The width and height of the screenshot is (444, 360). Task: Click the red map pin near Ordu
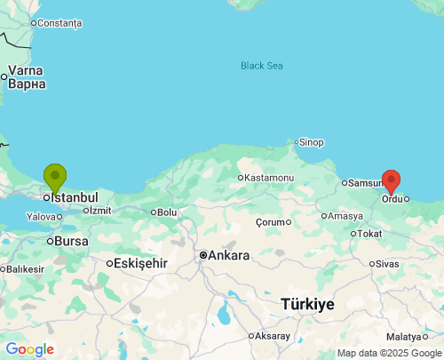click(391, 180)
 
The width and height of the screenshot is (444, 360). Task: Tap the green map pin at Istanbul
click(55, 177)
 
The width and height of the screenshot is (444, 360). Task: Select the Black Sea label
click(262, 66)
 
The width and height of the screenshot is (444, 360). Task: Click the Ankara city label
click(228, 255)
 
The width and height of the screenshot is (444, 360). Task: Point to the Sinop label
click(312, 142)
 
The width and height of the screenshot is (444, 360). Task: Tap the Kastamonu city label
click(269, 178)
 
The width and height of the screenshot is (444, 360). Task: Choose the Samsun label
click(365, 183)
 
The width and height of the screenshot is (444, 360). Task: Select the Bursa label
click(71, 241)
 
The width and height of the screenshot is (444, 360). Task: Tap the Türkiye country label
click(307, 304)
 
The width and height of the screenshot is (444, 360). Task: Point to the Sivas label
click(387, 263)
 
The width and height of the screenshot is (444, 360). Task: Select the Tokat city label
click(369, 234)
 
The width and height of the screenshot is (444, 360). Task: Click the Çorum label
click(273, 221)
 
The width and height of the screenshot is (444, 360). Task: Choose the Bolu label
click(167, 212)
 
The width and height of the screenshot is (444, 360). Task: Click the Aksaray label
click(272, 336)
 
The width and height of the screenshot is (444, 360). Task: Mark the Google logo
click(29, 349)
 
